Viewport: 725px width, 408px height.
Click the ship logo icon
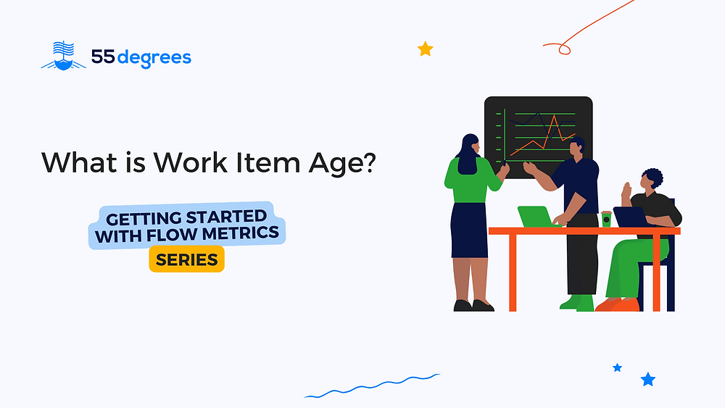[x=63, y=56]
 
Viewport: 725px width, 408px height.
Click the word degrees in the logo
[x=154, y=59]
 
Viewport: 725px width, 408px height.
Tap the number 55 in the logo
[x=103, y=57]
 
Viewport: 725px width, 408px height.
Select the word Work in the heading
[x=190, y=162]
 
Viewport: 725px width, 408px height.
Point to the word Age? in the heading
[x=342, y=164]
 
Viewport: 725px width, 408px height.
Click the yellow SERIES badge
[x=187, y=259]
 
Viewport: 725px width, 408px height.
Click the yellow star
[x=426, y=49]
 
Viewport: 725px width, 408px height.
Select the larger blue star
[x=647, y=379]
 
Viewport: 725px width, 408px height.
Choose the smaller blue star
[x=617, y=368]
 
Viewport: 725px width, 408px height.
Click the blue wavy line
[x=372, y=385]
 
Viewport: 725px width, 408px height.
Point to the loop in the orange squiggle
[x=563, y=49]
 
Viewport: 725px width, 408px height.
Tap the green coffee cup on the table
[x=605, y=219]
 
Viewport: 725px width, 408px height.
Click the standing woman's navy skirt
[x=469, y=230]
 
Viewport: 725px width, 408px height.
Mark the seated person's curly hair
[x=653, y=178]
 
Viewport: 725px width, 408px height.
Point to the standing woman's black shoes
[x=473, y=305]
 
